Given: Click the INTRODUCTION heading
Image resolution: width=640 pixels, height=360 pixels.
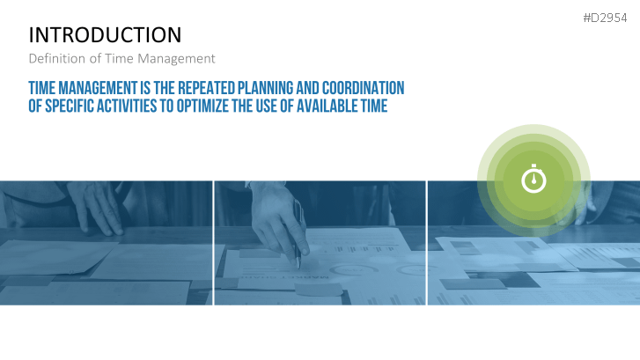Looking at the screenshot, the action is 105,34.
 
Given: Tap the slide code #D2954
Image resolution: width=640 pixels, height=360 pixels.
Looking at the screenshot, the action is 605,18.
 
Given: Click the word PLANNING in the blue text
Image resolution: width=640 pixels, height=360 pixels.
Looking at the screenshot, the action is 265,88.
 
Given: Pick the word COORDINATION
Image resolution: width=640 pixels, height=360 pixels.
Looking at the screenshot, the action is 364,88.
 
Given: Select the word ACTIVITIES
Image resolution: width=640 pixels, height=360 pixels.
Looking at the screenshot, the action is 121,106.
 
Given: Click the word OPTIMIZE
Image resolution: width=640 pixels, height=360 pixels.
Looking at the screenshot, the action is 202,106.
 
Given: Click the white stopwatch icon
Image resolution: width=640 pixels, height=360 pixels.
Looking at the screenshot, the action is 533,179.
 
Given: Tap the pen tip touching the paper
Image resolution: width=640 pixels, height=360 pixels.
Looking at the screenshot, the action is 298,268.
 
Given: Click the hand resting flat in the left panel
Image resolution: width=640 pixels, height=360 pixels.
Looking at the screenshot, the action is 96,208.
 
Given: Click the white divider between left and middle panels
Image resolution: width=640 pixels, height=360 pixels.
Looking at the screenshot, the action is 213,243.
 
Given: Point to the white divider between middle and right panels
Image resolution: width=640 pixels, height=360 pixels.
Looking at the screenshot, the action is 427,243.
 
